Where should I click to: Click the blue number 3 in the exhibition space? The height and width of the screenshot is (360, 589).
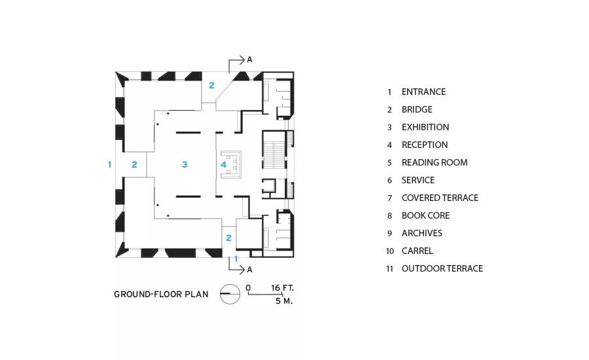[185, 164]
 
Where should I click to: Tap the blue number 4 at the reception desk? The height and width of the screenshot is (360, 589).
[224, 164]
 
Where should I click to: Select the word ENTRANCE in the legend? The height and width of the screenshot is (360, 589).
[423, 92]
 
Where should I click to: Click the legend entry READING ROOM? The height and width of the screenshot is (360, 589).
[435, 162]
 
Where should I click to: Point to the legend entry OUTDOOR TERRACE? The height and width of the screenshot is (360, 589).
[442, 268]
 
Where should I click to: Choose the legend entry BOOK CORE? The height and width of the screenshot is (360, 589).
[425, 215]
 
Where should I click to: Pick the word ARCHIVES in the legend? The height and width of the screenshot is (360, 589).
[422, 233]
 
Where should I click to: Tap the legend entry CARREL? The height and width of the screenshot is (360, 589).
[418, 251]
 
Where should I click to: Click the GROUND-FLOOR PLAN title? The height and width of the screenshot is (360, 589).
[161, 295]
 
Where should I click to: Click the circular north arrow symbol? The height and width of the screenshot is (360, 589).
[230, 294]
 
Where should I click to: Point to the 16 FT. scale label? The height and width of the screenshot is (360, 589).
[283, 288]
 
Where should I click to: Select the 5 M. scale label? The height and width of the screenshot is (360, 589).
[283, 301]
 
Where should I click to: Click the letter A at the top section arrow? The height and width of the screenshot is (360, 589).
[249, 60]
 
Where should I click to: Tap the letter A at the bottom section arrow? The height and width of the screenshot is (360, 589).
[249, 270]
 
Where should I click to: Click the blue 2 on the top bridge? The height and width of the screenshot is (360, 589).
[212, 85]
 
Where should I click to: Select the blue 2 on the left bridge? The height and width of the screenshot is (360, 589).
[134, 164]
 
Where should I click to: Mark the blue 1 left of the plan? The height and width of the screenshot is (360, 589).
[110, 164]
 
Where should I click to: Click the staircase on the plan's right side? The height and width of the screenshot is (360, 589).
[274, 154]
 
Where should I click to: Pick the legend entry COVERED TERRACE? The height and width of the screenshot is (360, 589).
[440, 198]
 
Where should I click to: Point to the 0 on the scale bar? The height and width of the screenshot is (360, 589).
[248, 288]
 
